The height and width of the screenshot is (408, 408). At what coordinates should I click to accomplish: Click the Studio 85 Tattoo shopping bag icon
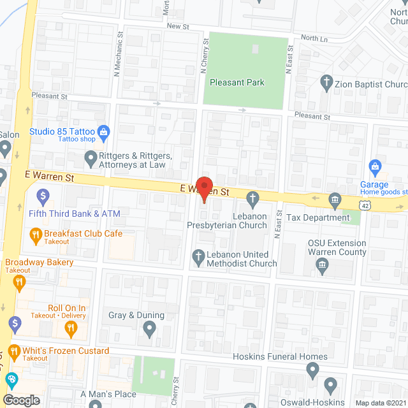tap(105, 133)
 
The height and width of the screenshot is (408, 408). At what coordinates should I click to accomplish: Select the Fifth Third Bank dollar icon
tap(43, 195)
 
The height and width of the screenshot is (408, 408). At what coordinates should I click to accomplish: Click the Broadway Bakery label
tap(40, 262)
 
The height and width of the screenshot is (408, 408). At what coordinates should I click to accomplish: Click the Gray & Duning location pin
tap(150, 329)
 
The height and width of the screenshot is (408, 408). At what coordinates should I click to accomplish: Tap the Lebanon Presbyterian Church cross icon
tap(252, 199)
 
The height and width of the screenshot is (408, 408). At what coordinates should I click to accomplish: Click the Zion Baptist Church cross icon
tap(326, 82)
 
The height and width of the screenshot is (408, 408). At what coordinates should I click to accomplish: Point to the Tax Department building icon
tap(335, 201)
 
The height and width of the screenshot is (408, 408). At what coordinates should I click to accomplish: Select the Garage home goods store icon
tap(375, 168)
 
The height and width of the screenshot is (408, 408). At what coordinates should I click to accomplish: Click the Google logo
tap(21, 400)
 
